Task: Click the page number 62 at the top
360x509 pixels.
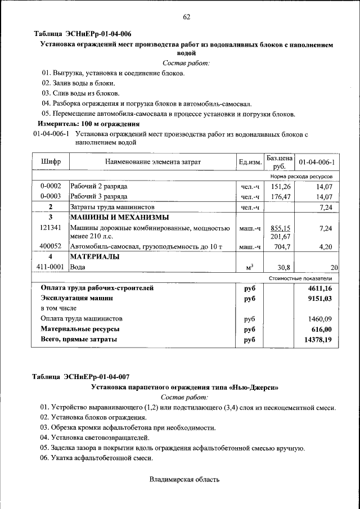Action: point(187,17)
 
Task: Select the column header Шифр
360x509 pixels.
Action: point(51,162)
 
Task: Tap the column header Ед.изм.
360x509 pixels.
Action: point(250,163)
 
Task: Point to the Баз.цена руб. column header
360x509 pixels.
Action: point(280,162)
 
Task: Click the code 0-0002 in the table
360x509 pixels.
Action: point(51,186)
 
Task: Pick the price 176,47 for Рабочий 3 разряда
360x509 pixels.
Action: point(280,197)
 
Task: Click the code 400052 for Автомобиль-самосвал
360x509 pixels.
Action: point(51,246)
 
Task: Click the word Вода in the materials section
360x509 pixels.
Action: point(78,267)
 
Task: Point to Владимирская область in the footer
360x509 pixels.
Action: point(184,480)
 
